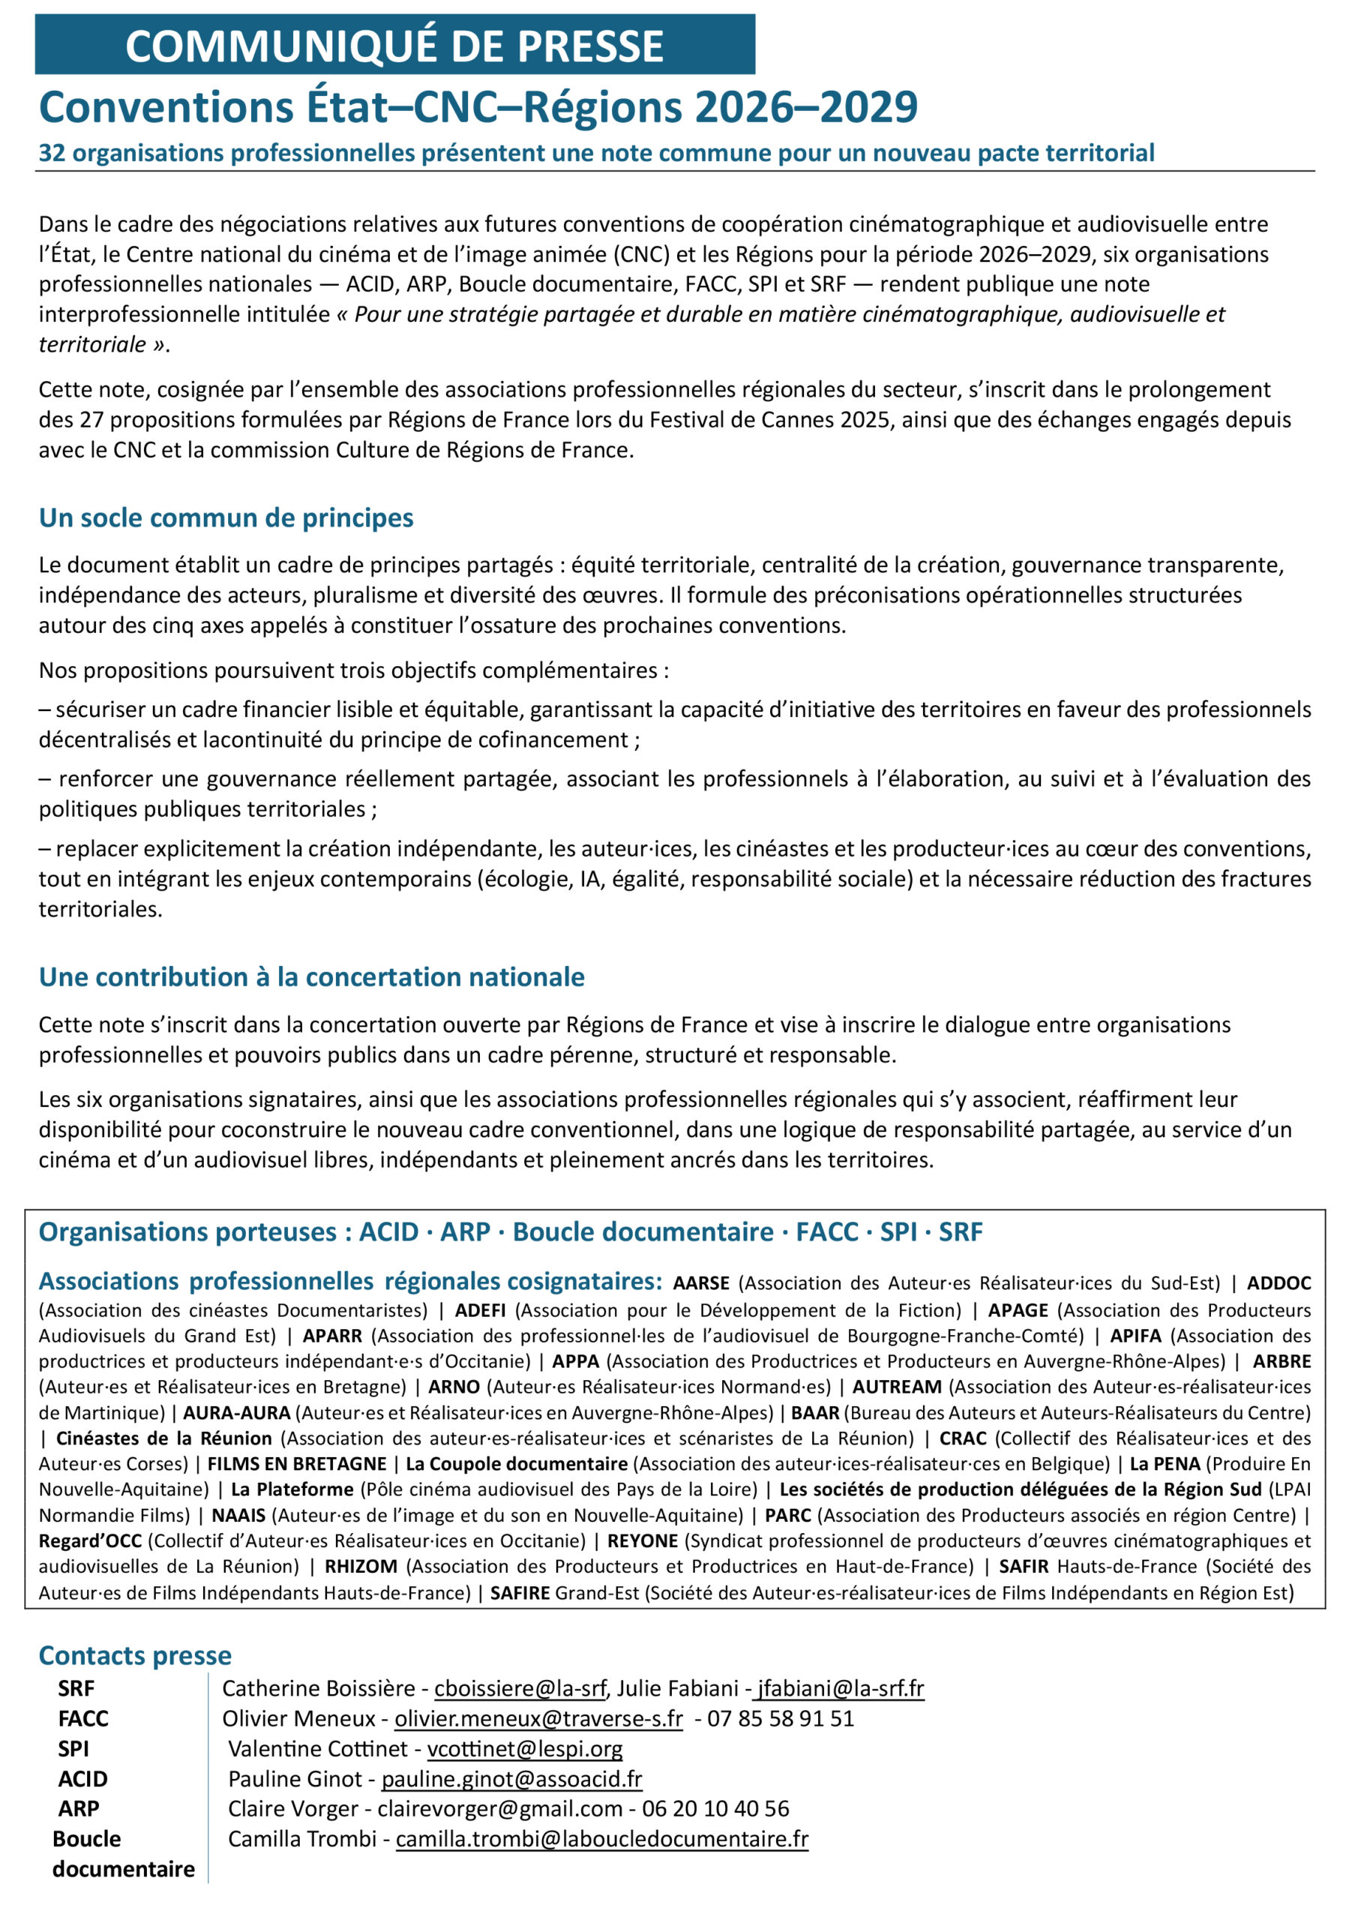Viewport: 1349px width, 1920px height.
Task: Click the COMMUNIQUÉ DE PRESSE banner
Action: (x=394, y=45)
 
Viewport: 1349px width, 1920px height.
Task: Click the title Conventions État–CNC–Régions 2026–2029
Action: (x=478, y=107)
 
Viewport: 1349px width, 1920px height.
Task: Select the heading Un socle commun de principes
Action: (x=226, y=517)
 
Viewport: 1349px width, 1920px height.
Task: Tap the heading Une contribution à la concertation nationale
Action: (x=311, y=976)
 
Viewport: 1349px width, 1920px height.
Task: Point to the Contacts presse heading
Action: (x=135, y=1655)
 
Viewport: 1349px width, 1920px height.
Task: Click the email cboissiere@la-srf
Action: (x=520, y=1688)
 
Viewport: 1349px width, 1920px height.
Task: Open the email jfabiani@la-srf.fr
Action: (x=839, y=1688)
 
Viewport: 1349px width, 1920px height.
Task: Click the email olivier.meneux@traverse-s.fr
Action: (x=538, y=1718)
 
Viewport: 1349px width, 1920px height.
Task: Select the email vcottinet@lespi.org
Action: (x=524, y=1748)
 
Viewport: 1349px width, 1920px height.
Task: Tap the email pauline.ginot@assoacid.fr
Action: (x=512, y=1779)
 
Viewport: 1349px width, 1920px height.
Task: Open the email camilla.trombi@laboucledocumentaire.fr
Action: (x=602, y=1839)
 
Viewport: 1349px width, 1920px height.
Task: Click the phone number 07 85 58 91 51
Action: (x=781, y=1718)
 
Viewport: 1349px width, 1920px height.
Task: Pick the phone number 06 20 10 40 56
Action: (x=715, y=1809)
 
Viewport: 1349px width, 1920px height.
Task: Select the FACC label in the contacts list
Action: (x=82, y=1718)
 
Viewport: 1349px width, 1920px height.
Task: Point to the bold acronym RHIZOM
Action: (x=361, y=1566)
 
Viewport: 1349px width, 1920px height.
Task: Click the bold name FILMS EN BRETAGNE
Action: (x=297, y=1464)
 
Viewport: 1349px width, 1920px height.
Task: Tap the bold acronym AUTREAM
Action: (x=897, y=1387)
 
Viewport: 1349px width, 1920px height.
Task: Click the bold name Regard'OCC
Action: (x=90, y=1540)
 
